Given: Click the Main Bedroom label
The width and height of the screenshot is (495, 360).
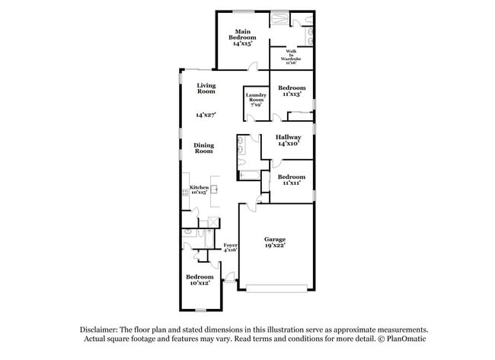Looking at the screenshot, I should point(244,37).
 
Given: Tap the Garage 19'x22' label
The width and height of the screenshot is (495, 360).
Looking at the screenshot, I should point(275,243).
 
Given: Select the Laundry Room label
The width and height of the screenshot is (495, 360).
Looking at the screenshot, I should point(255,99).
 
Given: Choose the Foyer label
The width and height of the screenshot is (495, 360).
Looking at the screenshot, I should point(230,247).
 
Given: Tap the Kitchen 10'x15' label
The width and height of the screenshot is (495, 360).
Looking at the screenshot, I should point(199,190).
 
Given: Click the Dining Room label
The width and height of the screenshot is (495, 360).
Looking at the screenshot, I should point(203,148).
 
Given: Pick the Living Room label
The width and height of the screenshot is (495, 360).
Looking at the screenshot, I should point(206,88).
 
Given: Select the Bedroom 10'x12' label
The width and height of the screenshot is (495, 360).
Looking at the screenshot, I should point(200,279).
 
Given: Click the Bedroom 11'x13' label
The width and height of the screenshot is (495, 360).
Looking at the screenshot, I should point(292,91).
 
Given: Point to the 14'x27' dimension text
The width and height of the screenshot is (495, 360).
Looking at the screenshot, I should point(205,115).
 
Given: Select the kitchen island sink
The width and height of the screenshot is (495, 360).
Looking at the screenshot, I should point(215,189).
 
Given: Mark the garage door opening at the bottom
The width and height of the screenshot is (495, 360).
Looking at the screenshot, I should point(276,288).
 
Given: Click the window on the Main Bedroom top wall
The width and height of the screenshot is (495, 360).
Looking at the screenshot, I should point(244,11).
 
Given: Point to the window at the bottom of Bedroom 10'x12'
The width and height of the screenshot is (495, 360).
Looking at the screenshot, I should point(200,310).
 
